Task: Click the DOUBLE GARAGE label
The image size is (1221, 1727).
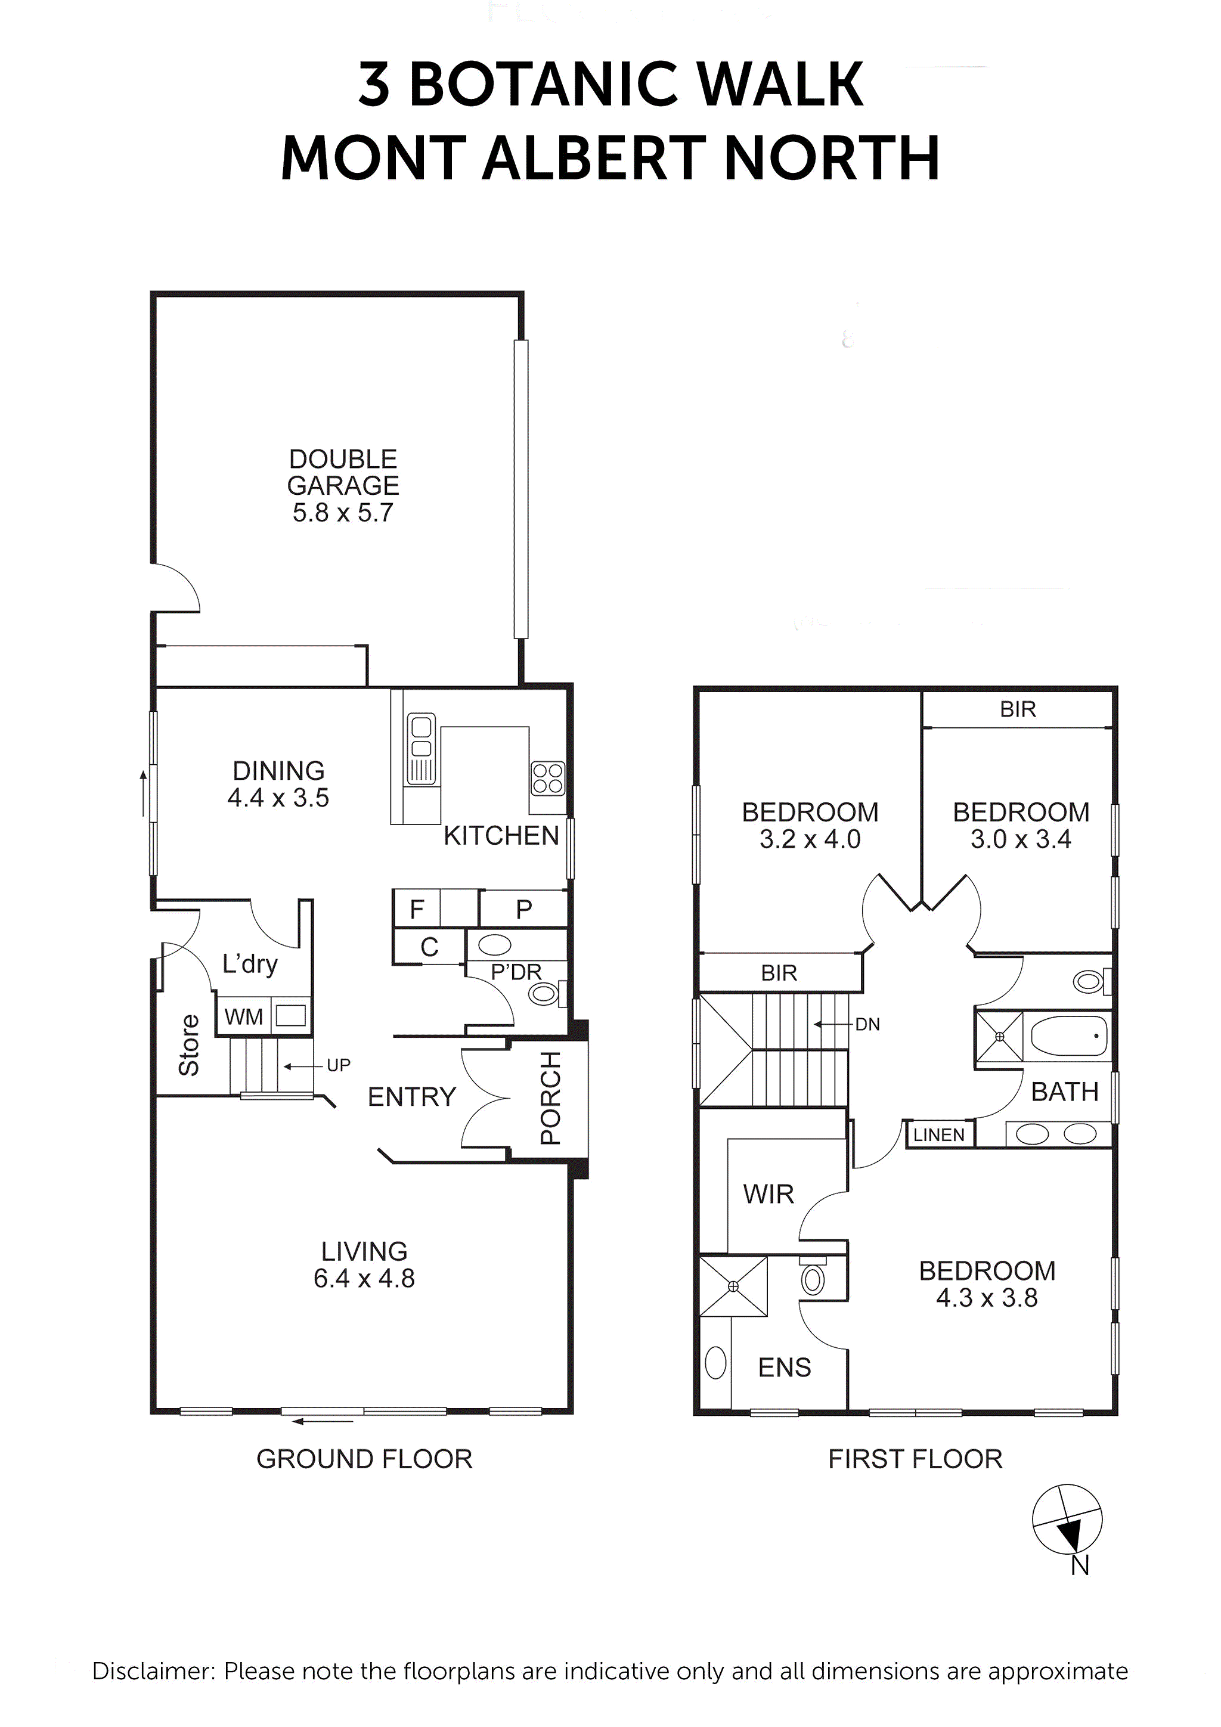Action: click(x=342, y=472)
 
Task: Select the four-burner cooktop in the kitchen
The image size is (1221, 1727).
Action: click(x=547, y=779)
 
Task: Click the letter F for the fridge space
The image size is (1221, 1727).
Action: click(x=417, y=909)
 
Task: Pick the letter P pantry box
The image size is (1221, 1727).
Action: click(x=523, y=909)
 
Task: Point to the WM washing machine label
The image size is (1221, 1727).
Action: click(x=243, y=1017)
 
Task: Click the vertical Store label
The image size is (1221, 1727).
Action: click(x=189, y=1045)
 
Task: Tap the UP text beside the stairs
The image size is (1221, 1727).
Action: click(x=339, y=1065)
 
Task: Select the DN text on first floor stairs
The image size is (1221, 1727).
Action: click(x=867, y=1025)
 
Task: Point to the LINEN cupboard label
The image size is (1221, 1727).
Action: click(x=938, y=1135)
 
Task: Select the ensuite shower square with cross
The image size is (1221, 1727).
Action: click(x=733, y=1287)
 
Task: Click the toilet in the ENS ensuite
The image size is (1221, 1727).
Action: click(x=813, y=1279)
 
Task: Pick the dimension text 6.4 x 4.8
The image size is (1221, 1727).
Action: click(x=364, y=1278)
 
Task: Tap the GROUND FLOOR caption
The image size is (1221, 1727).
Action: click(x=364, y=1459)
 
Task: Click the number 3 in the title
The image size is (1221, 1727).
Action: click(x=374, y=84)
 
